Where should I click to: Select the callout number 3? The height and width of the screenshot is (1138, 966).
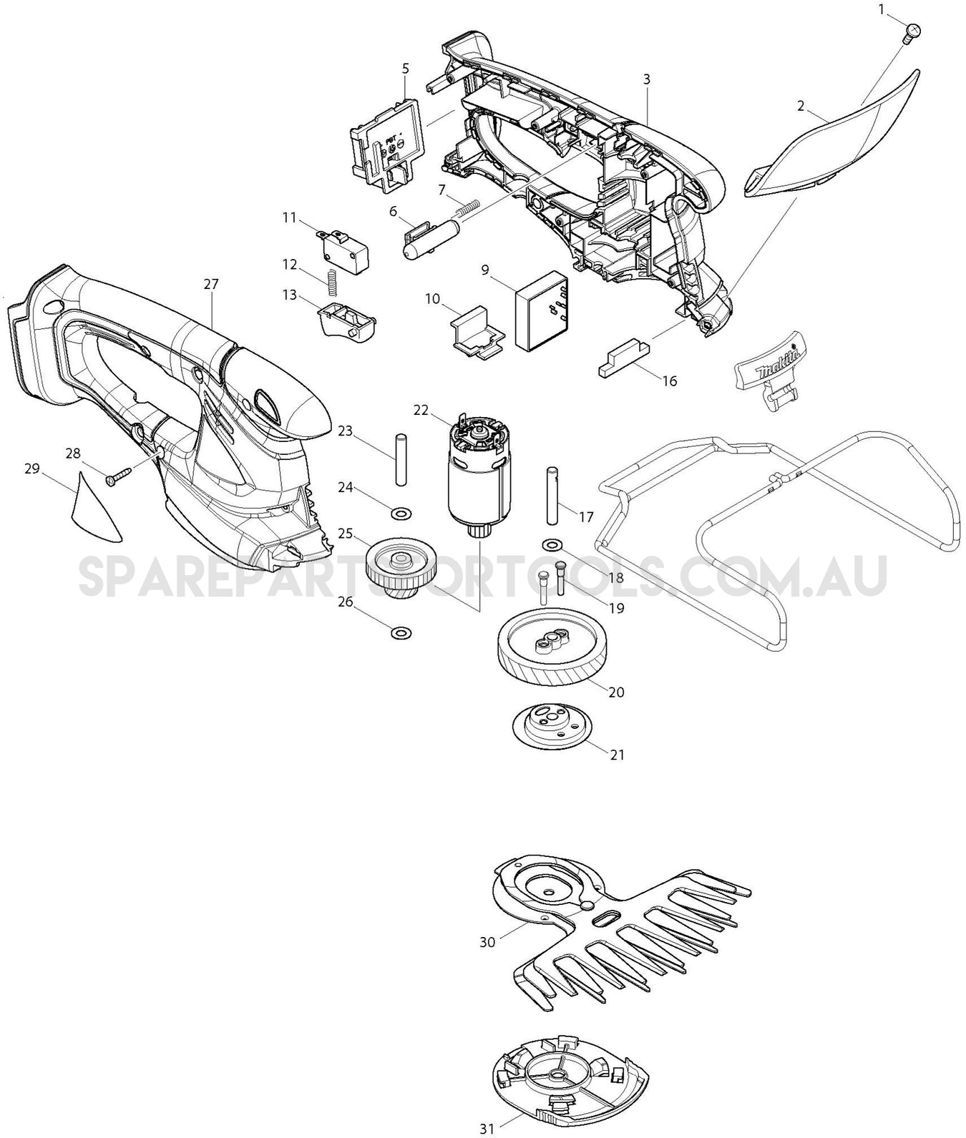pyautogui.click(x=646, y=79)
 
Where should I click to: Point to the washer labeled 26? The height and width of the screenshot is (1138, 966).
pyautogui.click(x=401, y=632)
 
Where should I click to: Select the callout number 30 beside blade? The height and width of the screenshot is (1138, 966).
pyautogui.click(x=487, y=942)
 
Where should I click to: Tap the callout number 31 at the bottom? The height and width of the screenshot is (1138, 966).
pyautogui.click(x=487, y=1129)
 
